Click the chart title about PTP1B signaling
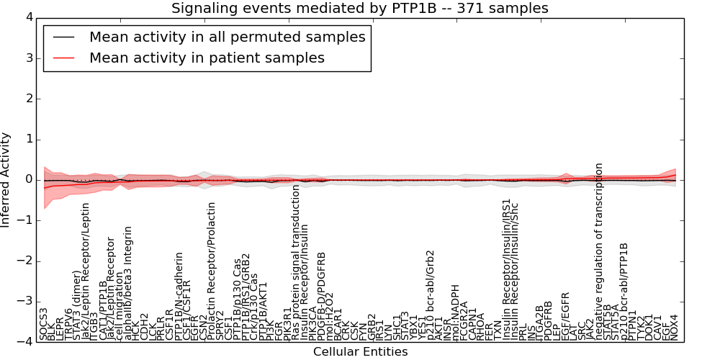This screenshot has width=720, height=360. click(359, 9)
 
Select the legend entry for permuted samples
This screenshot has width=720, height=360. click(227, 37)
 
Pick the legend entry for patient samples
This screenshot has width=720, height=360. click(207, 58)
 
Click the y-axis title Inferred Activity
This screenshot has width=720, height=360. click(6, 180)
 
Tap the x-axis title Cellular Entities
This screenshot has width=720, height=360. click(360, 352)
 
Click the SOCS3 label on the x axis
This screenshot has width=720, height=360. click(44, 324)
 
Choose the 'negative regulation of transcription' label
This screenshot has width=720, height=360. click(598, 252)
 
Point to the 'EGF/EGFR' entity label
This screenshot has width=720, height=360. click(565, 316)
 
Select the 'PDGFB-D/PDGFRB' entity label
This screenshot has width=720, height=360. click(321, 295)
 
